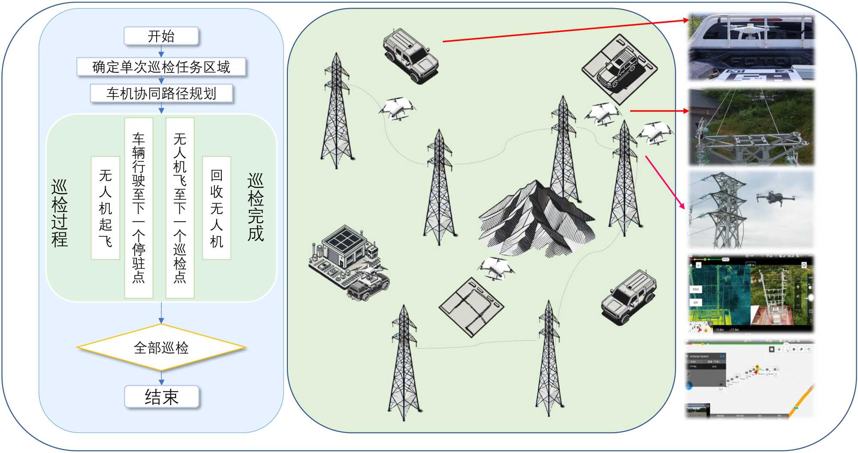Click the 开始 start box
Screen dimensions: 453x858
(161, 36)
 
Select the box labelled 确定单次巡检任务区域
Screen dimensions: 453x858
(161, 67)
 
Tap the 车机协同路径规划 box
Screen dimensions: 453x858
(161, 93)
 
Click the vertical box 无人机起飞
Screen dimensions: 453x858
(105, 208)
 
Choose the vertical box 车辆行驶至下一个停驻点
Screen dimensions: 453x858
(139, 208)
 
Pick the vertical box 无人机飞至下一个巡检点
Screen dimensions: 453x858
(180, 208)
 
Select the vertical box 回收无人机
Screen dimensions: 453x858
(217, 208)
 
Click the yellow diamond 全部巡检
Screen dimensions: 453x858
(161, 347)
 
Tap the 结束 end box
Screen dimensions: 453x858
(161, 397)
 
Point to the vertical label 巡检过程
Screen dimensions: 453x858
(60, 213)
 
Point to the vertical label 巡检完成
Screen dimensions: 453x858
(256, 207)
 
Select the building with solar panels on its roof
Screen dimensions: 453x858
(343, 249)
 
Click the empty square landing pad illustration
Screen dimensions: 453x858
(471, 307)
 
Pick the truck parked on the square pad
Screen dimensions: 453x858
(618, 69)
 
